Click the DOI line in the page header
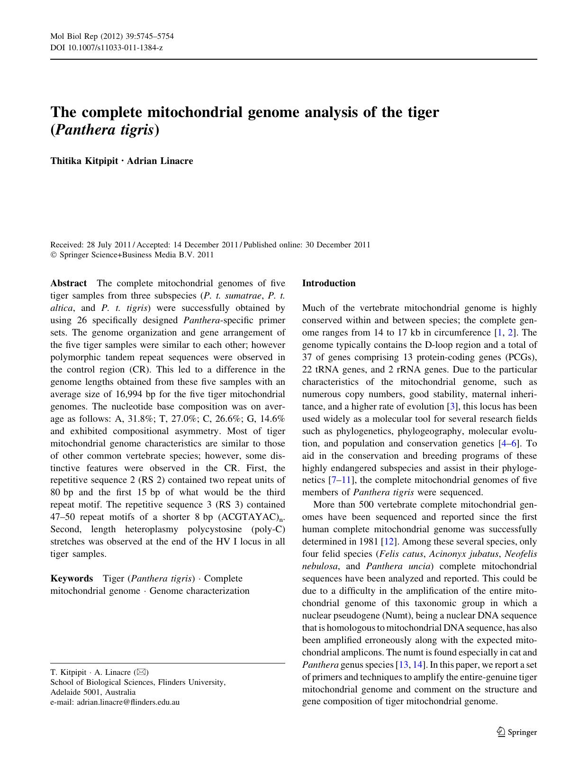click(x=107, y=48)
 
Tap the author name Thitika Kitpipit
click(x=84, y=161)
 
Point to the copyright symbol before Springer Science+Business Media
click(x=53, y=255)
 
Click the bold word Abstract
click(x=68, y=283)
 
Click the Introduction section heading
click(x=328, y=283)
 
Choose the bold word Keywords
click(x=72, y=579)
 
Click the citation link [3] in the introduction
click(x=452, y=407)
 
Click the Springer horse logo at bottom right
click(x=501, y=732)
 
